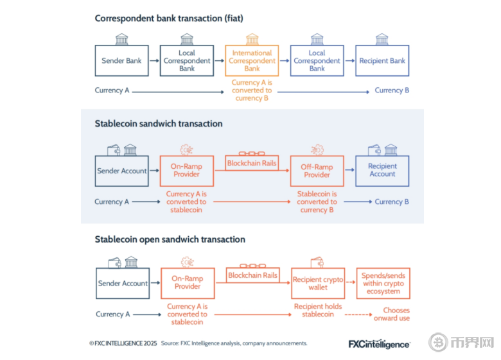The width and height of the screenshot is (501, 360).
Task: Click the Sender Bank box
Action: [x=121, y=61]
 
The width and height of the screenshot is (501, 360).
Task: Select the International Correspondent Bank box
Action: [x=252, y=61]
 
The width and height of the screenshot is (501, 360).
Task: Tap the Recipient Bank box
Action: [x=382, y=61]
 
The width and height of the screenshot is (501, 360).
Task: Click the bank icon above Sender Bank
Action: [x=121, y=39]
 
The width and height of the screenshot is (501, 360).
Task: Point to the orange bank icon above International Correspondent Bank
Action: [x=252, y=39]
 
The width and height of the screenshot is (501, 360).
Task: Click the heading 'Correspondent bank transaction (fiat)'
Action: [x=169, y=18]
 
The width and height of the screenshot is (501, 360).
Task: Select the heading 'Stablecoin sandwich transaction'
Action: [x=159, y=123]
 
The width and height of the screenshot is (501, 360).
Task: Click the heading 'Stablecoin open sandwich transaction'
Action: [x=170, y=239]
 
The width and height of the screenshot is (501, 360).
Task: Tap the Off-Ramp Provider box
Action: [x=317, y=171]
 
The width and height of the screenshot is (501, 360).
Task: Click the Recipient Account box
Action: [x=382, y=171]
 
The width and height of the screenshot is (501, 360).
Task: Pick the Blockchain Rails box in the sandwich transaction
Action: [x=252, y=163]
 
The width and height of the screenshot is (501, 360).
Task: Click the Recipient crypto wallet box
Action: [x=318, y=283]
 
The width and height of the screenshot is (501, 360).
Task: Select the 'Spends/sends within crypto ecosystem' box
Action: [x=383, y=283]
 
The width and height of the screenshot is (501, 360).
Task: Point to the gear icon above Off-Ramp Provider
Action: [x=317, y=150]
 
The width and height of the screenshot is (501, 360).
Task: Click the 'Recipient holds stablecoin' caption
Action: [x=318, y=311]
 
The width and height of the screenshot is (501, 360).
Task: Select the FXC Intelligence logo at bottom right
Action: [x=378, y=344]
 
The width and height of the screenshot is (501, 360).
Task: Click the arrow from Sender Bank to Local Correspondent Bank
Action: [x=154, y=61]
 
